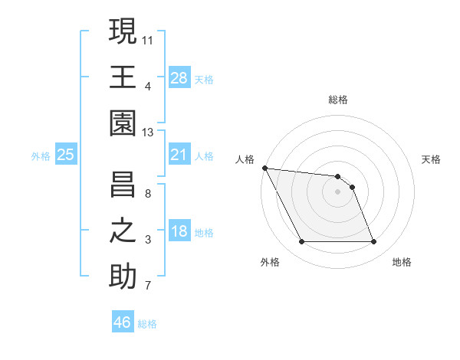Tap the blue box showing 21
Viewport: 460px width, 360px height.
tap(179, 155)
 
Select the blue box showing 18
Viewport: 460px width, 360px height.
tap(179, 232)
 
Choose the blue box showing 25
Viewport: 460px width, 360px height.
tap(66, 155)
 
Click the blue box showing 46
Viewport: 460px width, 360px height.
tap(123, 322)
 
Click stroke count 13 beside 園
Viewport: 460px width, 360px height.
tap(148, 132)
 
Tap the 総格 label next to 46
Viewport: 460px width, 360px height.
tap(147, 324)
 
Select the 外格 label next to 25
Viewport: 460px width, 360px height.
tap(41, 156)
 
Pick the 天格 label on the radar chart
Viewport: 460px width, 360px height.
tap(431, 159)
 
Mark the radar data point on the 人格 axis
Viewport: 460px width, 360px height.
tap(264, 168)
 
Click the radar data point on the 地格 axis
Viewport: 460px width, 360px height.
tap(373, 242)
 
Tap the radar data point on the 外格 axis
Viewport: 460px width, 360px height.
tap(301, 242)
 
